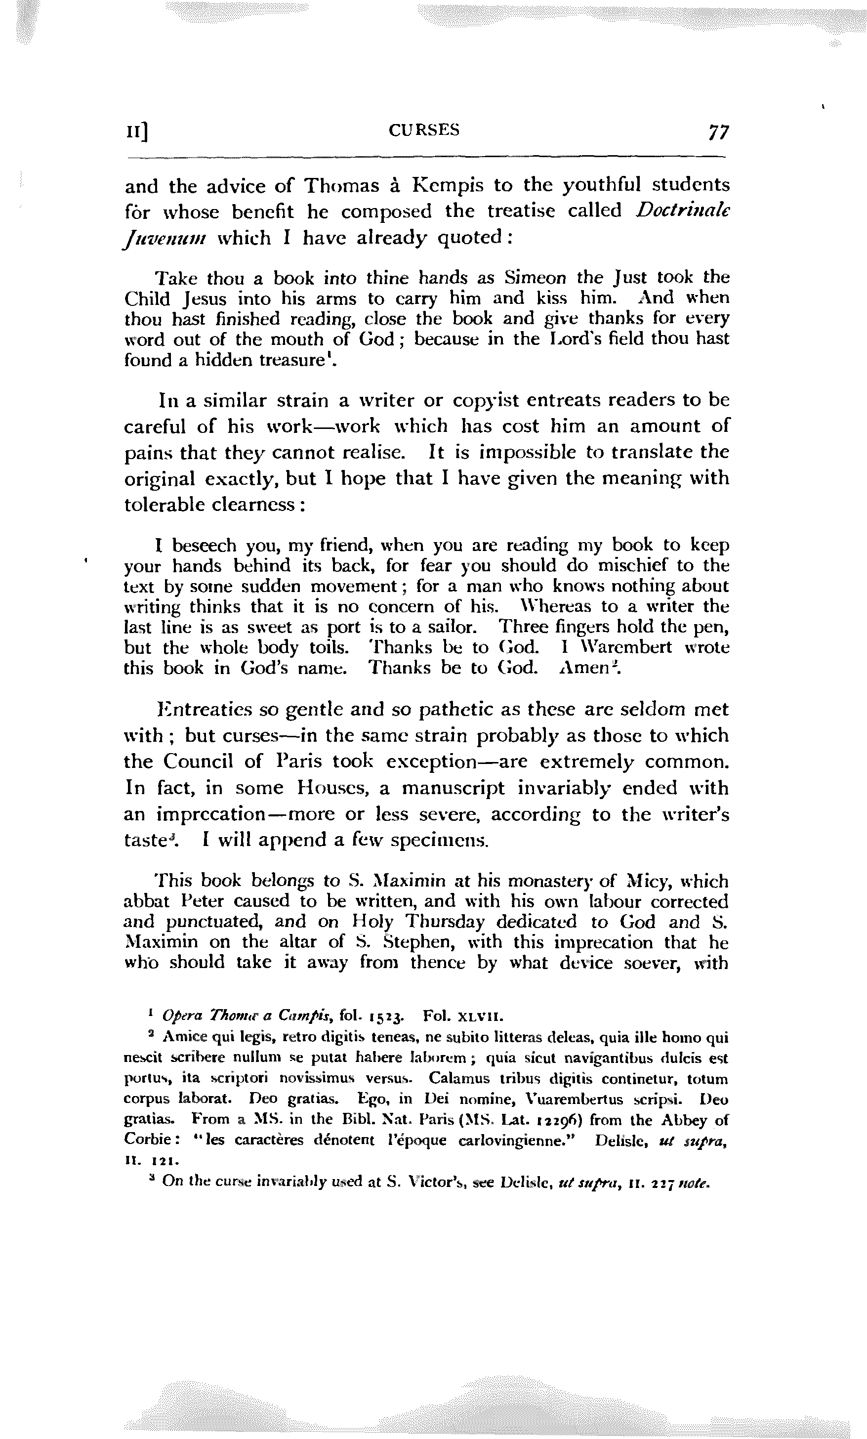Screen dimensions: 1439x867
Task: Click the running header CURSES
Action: point(424,129)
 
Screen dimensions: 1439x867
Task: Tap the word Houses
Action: point(331,788)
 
